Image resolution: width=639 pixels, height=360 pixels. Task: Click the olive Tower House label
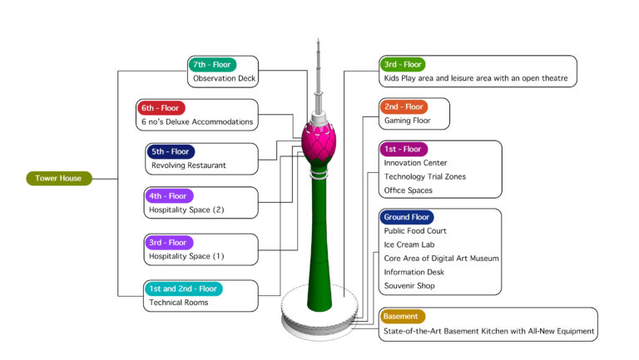pos(58,178)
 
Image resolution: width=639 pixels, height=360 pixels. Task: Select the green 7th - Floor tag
pos(212,64)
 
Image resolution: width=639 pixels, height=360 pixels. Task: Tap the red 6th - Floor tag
pos(161,107)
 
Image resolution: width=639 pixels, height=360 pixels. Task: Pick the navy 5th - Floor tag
pos(171,152)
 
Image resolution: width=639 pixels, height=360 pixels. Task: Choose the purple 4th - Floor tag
pos(169,196)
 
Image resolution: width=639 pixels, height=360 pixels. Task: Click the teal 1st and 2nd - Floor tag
pos(183,288)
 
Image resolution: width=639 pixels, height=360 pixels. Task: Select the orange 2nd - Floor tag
pos(404,107)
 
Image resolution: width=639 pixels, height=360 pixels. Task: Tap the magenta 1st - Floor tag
pos(404,149)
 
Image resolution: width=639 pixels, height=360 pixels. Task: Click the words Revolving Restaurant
pos(188,165)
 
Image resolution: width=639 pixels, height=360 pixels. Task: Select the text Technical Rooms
pos(178,303)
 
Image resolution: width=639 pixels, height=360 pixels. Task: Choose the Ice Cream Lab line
pos(409,244)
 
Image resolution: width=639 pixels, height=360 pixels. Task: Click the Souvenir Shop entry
pos(409,285)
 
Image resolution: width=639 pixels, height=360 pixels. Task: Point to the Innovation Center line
pos(415,163)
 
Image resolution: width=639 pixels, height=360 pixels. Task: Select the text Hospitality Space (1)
pos(186,256)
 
